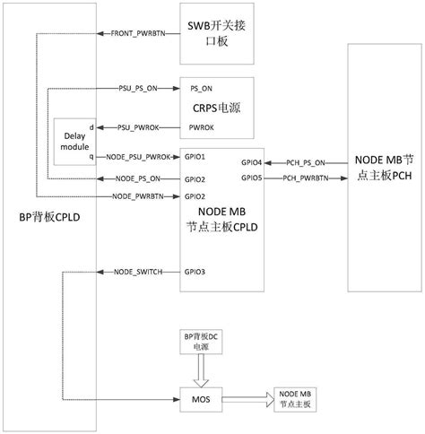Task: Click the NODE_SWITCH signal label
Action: click(x=137, y=271)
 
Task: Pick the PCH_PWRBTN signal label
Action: click(x=305, y=178)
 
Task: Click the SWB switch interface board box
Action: click(x=218, y=33)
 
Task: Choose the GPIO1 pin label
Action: click(x=195, y=157)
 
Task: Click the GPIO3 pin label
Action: click(x=195, y=271)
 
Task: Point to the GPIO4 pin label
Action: click(x=252, y=162)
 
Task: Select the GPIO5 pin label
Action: click(x=252, y=178)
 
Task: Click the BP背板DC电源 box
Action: click(x=201, y=341)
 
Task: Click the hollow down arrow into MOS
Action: click(x=201, y=369)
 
